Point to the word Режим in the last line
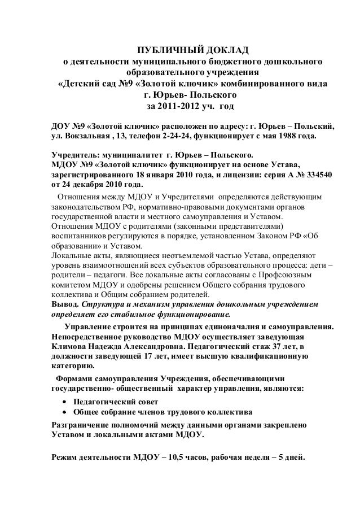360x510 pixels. point(64,457)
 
